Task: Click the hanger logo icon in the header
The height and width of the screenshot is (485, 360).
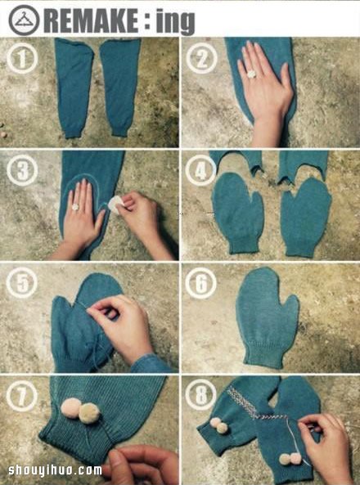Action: point(25,20)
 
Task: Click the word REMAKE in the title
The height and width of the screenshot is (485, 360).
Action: point(92,20)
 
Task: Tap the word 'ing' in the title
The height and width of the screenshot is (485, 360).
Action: point(175,22)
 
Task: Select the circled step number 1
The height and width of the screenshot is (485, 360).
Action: point(22,58)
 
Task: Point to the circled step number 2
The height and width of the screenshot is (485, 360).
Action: point(201,58)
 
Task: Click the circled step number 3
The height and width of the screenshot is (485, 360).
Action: point(22,170)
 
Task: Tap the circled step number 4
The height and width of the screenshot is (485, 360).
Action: point(201,170)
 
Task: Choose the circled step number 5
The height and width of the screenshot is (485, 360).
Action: point(22,283)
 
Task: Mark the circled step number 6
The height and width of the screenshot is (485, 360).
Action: point(201,283)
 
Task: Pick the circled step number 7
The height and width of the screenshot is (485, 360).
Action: point(22,396)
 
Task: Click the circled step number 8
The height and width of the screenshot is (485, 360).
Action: point(201,395)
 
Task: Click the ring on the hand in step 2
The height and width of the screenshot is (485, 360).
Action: point(251,74)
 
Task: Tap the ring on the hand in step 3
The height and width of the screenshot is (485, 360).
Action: point(75,207)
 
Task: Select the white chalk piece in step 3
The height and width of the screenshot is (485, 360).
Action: point(116,204)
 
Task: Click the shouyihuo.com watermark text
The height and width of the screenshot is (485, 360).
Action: point(55,470)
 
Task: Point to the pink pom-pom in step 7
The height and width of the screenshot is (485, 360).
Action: point(71,408)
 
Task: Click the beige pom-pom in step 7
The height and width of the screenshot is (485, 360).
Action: point(89,413)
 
